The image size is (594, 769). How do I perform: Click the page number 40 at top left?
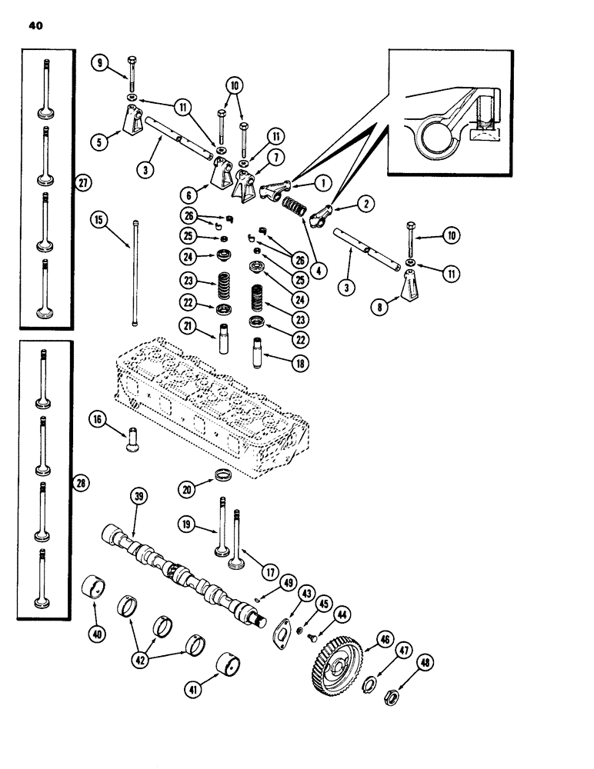(36, 25)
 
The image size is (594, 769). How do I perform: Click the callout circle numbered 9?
(97, 63)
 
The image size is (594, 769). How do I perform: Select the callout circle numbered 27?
(83, 182)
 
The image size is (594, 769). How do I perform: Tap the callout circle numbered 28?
(83, 483)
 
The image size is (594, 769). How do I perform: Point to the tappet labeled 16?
(128, 441)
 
